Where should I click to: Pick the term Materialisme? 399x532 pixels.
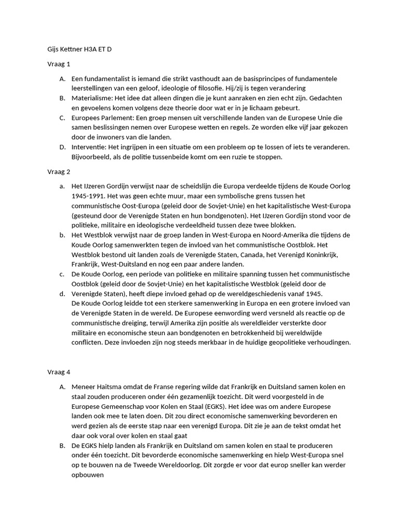[92, 98]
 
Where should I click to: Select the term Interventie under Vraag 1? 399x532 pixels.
[89, 147]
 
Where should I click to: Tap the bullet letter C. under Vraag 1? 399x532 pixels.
[62, 118]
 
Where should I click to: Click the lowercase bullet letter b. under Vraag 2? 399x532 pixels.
[62, 235]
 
